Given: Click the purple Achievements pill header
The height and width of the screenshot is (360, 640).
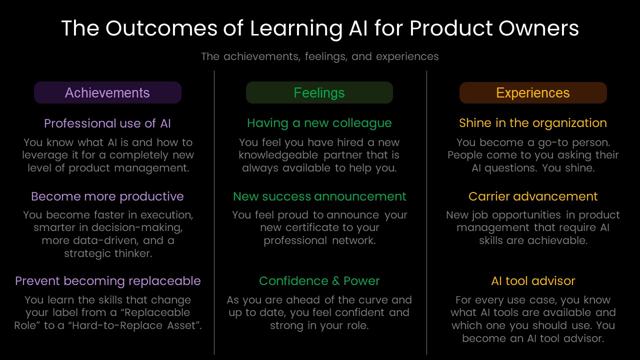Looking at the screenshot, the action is tap(107, 92).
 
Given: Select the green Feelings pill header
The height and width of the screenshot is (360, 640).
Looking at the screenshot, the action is tap(319, 92).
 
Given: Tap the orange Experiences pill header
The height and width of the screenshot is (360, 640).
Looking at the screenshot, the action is tap(533, 93).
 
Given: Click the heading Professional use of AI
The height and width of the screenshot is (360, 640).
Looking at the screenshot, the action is tap(107, 123).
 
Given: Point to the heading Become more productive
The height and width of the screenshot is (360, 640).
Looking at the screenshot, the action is tap(107, 196).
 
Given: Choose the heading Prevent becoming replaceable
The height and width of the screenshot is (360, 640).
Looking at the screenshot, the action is tap(108, 281).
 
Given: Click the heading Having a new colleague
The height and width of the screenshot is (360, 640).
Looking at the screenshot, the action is tap(319, 123).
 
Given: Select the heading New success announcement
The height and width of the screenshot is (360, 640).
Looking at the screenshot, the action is tap(319, 196).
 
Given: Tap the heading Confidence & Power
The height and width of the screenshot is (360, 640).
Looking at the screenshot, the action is tap(319, 281).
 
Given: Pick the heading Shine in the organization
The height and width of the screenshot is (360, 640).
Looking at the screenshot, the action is tap(533, 123).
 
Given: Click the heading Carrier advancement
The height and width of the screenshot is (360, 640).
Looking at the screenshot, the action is tap(533, 196).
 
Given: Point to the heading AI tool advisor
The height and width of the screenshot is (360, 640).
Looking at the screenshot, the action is tap(533, 281).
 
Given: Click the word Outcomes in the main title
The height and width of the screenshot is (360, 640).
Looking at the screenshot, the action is tap(161, 28).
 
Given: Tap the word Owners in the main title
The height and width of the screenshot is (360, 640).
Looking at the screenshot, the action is tap(539, 28).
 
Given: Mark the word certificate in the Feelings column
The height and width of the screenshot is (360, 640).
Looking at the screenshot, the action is tap(312, 227).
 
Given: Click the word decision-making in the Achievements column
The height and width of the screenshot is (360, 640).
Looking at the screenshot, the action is tap(136, 227).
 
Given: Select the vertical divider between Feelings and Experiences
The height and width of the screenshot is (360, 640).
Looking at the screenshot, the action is tap(427, 212).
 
